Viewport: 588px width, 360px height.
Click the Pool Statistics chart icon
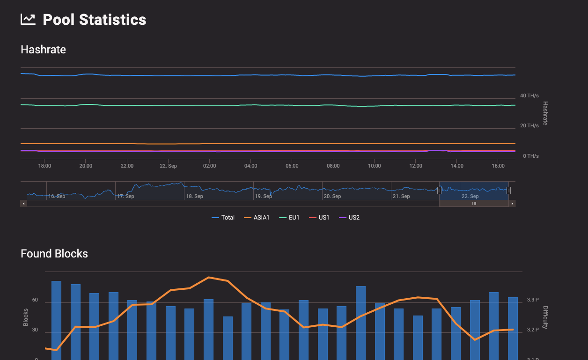28,19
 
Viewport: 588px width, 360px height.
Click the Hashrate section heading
43,50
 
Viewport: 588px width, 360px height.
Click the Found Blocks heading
54,254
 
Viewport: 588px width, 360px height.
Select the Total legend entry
223,218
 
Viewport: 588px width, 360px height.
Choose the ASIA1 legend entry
257,218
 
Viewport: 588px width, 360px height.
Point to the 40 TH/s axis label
529,96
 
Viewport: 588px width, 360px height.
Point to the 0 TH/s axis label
530,156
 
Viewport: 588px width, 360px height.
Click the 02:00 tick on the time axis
209,166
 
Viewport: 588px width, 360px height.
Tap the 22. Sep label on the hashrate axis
168,166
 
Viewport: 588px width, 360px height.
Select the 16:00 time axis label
498,166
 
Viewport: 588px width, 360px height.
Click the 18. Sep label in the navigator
194,196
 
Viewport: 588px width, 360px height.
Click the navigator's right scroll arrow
513,204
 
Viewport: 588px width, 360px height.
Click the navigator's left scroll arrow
23,204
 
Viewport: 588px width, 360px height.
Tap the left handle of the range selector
439,190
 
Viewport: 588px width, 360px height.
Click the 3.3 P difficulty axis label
533,300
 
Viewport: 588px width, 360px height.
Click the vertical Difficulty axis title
545,317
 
